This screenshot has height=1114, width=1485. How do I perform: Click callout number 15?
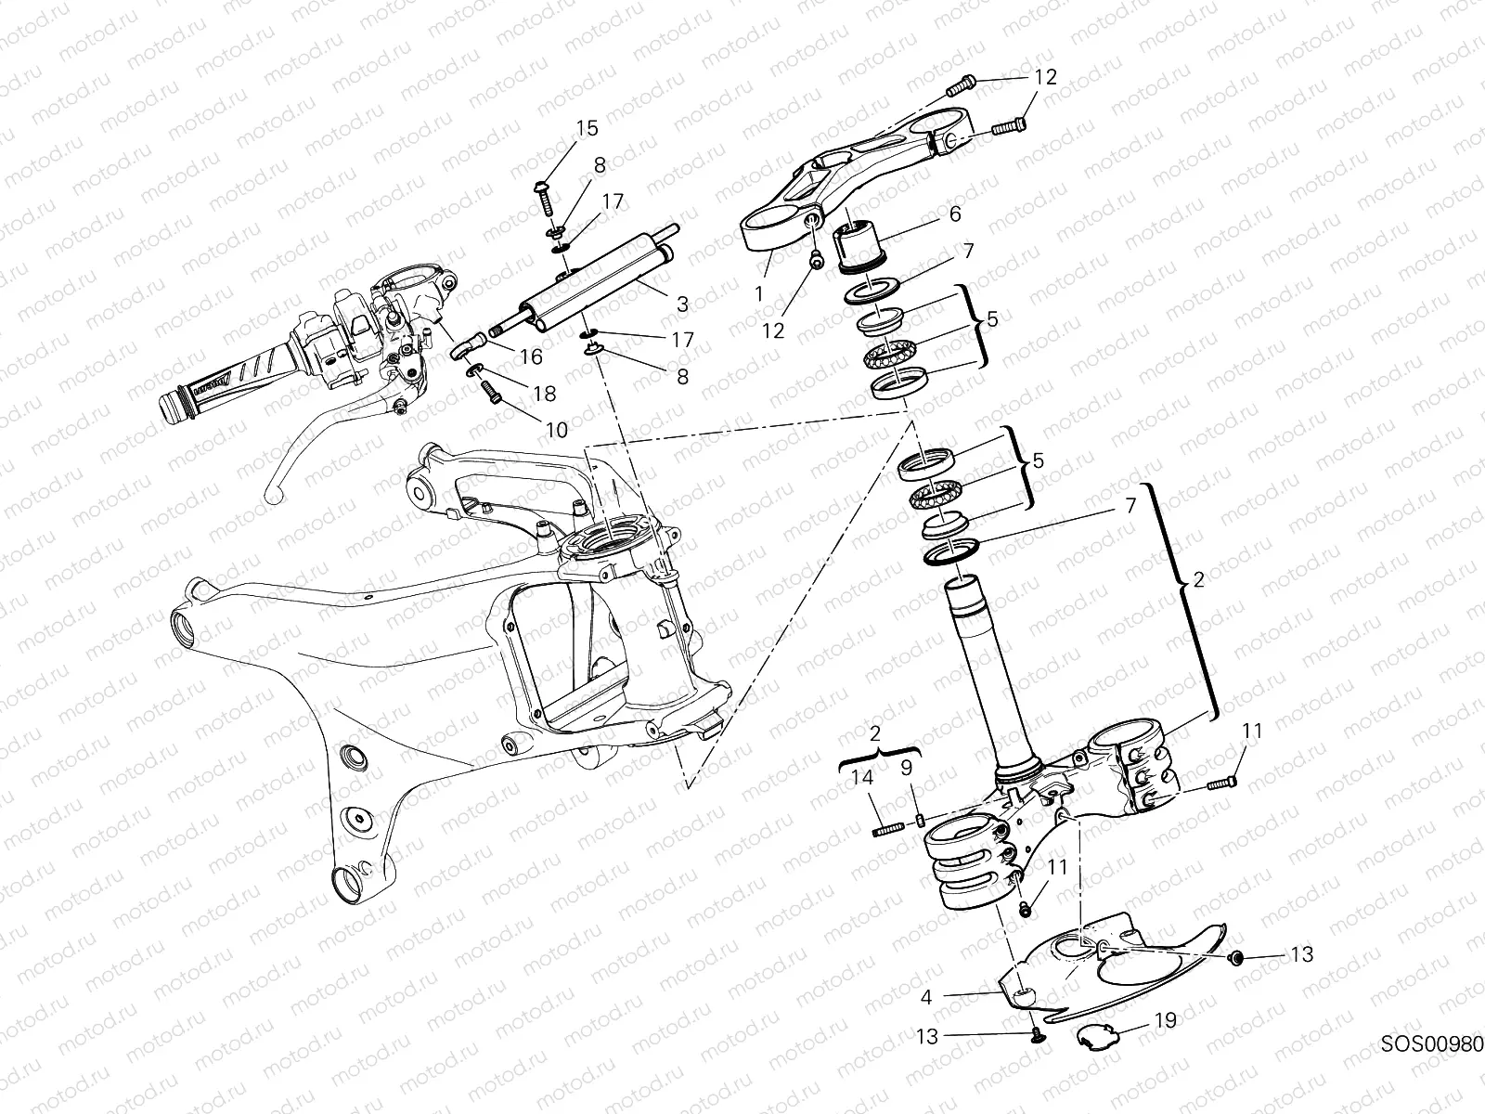[587, 128]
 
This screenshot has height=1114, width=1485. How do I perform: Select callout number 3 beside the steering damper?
[682, 304]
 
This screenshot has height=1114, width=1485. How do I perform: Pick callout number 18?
[544, 393]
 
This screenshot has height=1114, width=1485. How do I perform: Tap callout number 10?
[556, 429]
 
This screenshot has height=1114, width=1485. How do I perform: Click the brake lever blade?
[316, 446]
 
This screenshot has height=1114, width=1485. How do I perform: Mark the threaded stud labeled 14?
[888, 829]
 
